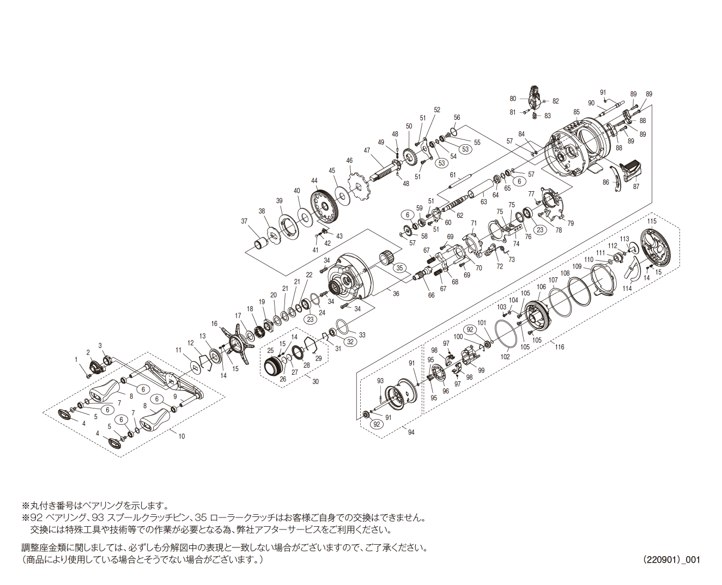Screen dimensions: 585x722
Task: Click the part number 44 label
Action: coord(314,181)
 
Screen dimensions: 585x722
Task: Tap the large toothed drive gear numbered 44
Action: coord(325,207)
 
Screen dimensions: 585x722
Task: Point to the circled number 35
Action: coord(400,268)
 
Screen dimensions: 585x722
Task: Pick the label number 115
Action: coord(652,221)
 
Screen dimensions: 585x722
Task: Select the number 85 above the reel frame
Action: coord(577,112)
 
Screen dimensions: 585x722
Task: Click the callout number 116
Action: coord(560,347)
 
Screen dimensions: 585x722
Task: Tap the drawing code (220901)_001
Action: coord(671,559)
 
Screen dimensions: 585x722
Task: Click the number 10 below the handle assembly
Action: coord(181,436)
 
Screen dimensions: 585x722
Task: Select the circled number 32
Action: coord(350,342)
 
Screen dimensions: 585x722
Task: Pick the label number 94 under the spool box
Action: coord(411,432)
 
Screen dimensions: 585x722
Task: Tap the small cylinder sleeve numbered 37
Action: coord(260,241)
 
